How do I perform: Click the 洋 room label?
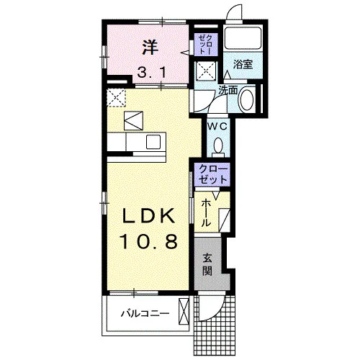(x=150, y=48)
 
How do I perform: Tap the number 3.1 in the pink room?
(x=152, y=72)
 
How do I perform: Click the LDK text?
(x=148, y=216)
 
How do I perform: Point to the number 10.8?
(x=149, y=241)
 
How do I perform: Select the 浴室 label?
(x=243, y=64)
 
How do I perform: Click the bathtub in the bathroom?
(x=243, y=38)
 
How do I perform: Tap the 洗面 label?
(x=228, y=90)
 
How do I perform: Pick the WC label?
(x=217, y=126)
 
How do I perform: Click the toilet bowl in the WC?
(x=218, y=146)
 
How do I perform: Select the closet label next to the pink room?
(x=206, y=45)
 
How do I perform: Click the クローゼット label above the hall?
(x=212, y=174)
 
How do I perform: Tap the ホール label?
(x=206, y=212)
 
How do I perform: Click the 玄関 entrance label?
(x=207, y=264)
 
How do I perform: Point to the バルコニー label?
(x=145, y=313)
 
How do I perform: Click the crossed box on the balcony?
(x=184, y=312)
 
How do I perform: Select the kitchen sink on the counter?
(x=153, y=142)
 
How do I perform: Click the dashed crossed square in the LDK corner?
(x=117, y=97)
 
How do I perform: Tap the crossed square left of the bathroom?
(x=205, y=71)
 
